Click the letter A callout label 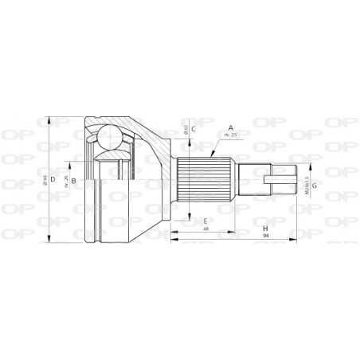[230, 127]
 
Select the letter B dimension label [73, 182]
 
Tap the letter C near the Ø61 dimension [194, 127]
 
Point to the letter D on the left [53, 180]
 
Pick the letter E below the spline [205, 221]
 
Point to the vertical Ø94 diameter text [45, 180]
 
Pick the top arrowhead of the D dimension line [49, 118]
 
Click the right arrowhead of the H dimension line [306, 233]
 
